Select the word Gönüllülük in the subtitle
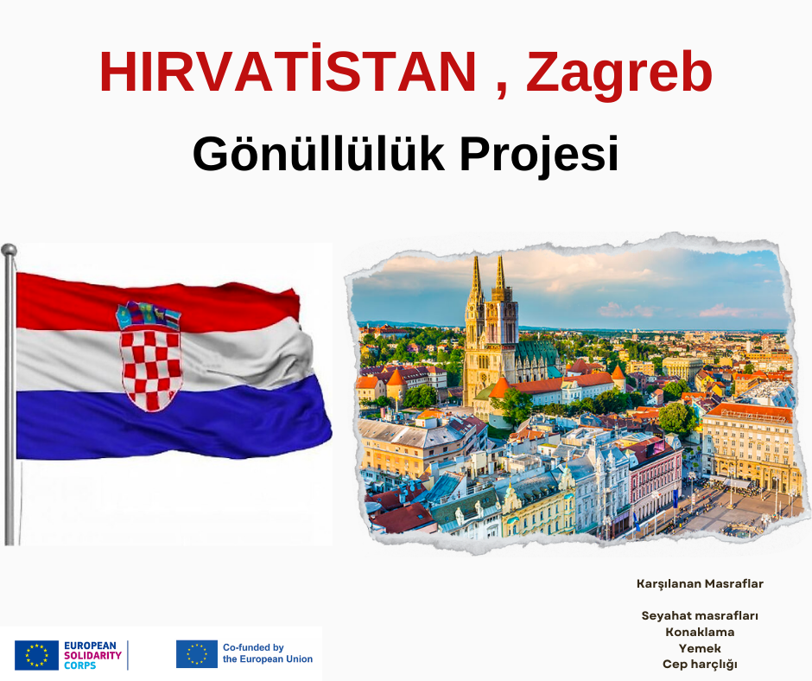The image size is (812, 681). tap(318, 153)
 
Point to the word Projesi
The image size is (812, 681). tap(539, 155)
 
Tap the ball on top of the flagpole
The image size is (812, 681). tap(9, 251)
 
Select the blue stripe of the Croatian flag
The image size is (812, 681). tap(171, 423)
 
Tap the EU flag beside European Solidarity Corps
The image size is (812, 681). tap(36, 655)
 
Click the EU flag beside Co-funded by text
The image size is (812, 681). tap(197, 654)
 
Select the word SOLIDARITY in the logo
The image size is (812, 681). tap(92, 656)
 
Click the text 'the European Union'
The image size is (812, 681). tap(268, 659)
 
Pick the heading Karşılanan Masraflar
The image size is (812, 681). tap(701, 583)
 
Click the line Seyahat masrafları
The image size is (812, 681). tap(700, 615)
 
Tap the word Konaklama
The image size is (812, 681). tap(700, 632)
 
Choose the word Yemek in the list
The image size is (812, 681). tap(700, 648)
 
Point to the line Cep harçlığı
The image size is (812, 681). tap(700, 665)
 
